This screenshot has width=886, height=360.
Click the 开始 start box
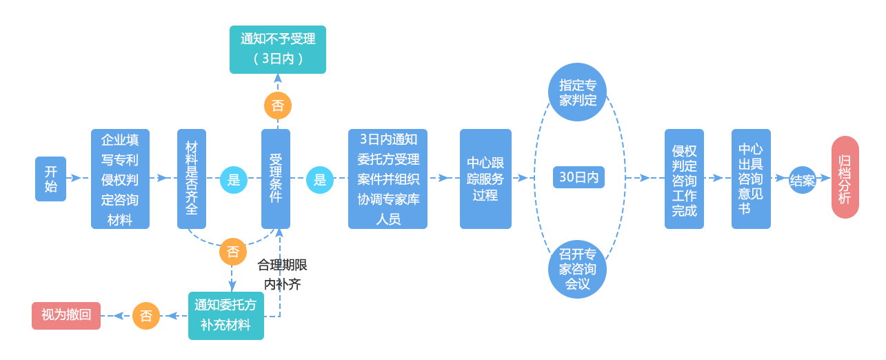click(x=50, y=179)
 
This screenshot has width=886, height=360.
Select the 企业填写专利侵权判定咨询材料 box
click(x=120, y=179)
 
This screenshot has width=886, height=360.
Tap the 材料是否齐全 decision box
click(x=191, y=178)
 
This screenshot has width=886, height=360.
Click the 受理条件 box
click(x=276, y=178)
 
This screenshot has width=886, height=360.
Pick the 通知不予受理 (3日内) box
click(x=279, y=49)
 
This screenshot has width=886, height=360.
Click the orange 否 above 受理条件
click(x=278, y=106)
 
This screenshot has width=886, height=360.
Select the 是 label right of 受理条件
click(x=319, y=180)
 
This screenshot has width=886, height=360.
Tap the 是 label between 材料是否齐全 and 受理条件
click(x=233, y=180)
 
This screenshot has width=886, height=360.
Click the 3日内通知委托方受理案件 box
click(x=387, y=179)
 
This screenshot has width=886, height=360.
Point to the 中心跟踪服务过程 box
click(x=485, y=179)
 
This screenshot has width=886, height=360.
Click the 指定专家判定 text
click(x=578, y=92)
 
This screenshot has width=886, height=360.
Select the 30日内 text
click(x=578, y=177)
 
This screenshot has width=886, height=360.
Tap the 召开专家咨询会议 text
click(x=578, y=268)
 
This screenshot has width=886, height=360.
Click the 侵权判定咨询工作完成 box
click(x=684, y=179)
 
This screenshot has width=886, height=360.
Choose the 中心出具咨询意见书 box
click(x=750, y=179)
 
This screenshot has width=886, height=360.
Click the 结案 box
click(x=802, y=180)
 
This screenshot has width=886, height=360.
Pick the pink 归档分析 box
click(x=845, y=177)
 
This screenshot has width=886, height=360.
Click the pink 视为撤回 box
click(x=66, y=315)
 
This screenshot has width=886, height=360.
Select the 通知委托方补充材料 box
click(x=225, y=315)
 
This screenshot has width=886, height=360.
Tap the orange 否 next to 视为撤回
click(x=146, y=316)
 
